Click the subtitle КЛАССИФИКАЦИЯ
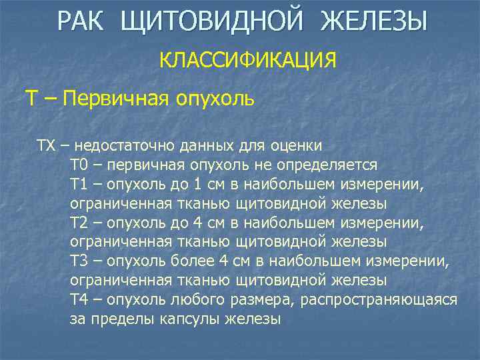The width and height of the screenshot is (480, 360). click(247, 61)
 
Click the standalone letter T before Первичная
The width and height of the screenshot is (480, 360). click(31, 99)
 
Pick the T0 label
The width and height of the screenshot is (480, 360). click(78, 165)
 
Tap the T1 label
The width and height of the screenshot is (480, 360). click(78, 184)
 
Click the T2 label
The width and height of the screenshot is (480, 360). click(78, 223)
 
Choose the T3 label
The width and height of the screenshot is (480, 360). click(78, 261)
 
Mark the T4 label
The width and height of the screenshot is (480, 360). click(78, 300)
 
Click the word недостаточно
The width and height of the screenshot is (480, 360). click(123, 145)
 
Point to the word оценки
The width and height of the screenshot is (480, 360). click(299, 145)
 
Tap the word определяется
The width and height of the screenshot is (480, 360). click(333, 165)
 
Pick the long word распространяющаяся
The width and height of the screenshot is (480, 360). click(379, 300)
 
